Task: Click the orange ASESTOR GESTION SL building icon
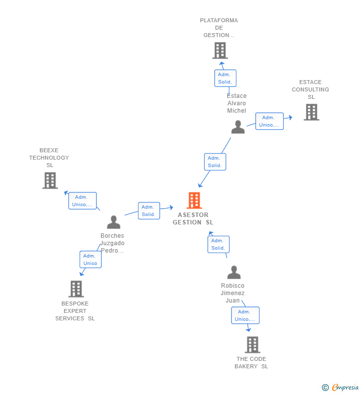point(194,200)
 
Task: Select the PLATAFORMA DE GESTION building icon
point(220,50)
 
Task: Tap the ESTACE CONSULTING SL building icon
point(311,112)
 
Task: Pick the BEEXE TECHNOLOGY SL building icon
point(50,180)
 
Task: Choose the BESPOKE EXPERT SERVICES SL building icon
point(76,289)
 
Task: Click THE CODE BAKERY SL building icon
point(252,345)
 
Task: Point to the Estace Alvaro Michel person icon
point(238,127)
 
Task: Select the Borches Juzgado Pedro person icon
point(114,222)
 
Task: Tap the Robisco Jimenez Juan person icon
point(234,272)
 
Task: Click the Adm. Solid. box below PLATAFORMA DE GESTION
point(225,78)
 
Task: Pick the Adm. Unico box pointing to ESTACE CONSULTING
point(270,121)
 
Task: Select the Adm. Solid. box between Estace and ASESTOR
point(215,162)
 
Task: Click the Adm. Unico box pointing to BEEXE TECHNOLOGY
point(82,201)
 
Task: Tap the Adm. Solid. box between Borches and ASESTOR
point(149,211)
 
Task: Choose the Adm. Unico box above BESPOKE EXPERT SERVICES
point(90,260)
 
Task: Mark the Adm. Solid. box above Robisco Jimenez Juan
point(218,244)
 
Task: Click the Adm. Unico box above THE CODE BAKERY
point(245,315)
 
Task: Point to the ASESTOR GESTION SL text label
point(193,218)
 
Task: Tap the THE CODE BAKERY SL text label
point(251,362)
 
